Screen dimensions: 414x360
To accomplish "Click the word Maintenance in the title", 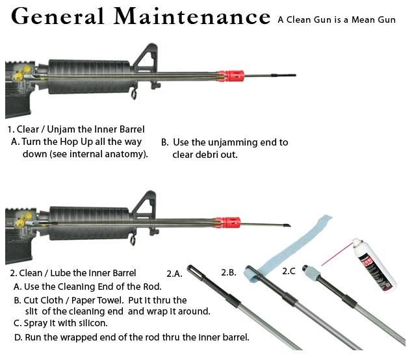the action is pos(192,16).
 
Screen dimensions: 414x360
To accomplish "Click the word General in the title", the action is pos(58,16).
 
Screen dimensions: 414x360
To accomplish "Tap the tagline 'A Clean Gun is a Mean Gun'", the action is pos(337,19).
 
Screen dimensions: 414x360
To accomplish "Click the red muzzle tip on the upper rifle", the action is pos(231,76).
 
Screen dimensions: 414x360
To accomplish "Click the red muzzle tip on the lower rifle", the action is pos(228,222).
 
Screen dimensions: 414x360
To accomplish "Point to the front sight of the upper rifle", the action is pos(146,58).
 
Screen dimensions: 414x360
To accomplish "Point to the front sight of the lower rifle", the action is pos(144,205).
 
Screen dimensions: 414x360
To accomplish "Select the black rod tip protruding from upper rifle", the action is pos(283,75).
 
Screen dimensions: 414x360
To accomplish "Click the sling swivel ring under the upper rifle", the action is pos(134,94).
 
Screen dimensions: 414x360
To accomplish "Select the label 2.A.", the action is pos(174,274).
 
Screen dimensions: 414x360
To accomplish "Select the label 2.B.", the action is pos(229,272).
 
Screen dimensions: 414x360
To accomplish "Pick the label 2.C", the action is pos(289,271).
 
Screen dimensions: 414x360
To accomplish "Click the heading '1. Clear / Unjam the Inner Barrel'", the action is pos(76,129).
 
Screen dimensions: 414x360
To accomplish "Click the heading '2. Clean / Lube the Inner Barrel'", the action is pos(73,273).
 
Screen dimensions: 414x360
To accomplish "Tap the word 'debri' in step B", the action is pos(207,155).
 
